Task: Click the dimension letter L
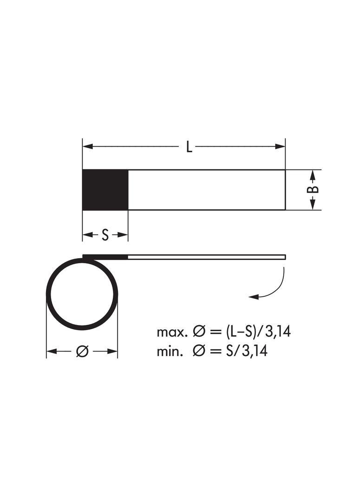(189, 147)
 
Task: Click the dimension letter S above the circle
(105, 235)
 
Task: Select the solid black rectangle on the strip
(105, 190)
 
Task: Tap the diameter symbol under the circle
(82, 352)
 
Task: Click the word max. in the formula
(172, 332)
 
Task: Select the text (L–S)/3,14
(259, 332)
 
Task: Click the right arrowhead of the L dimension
(280, 147)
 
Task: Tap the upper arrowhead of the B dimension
(313, 175)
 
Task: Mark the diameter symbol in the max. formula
(198, 332)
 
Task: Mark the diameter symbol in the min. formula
(198, 351)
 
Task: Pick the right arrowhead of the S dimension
(123, 235)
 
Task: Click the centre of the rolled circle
(82, 294)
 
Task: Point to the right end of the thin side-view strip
(284, 257)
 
